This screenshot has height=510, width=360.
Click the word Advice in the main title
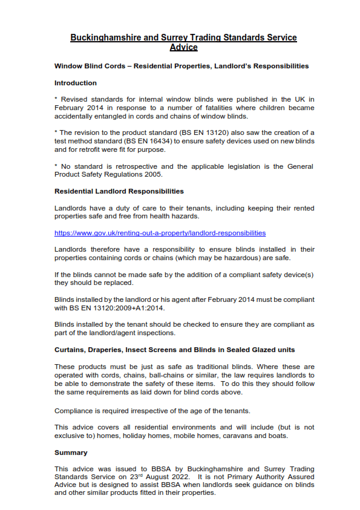[x=183, y=47]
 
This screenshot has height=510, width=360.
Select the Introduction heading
[x=75, y=83]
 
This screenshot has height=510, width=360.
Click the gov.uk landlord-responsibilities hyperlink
[x=160, y=233]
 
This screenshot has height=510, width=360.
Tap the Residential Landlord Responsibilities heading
[x=119, y=191]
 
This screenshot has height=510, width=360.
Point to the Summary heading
[x=71, y=453]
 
